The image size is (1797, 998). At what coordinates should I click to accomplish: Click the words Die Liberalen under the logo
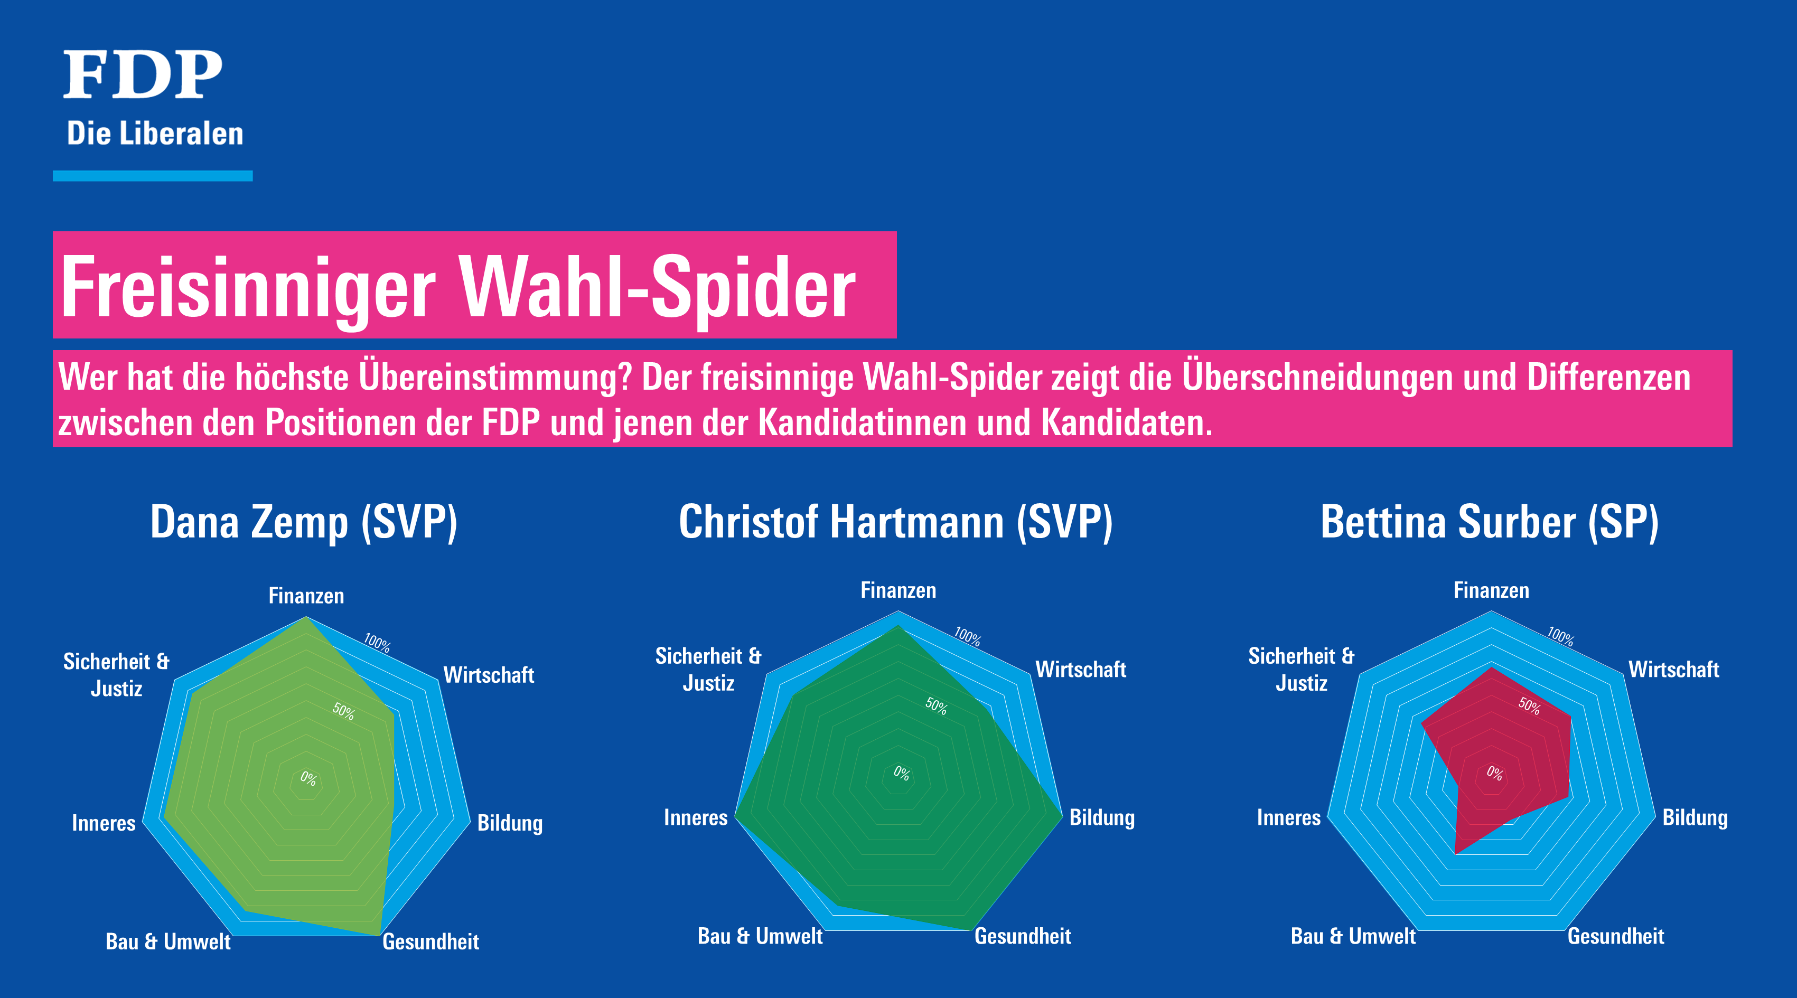pos(155,133)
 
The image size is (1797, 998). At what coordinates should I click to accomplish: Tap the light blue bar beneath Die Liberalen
pos(153,176)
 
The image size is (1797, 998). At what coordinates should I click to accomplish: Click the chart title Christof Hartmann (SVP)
pos(896,522)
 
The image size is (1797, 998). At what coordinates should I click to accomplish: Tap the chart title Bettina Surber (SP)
pos(1490,522)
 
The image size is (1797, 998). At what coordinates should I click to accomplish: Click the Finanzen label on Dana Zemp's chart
pos(306,596)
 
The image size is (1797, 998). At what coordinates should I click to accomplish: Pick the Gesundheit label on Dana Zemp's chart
pos(431,941)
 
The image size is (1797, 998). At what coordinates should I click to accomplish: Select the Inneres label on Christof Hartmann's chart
pos(696,817)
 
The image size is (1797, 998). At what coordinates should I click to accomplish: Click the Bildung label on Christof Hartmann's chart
pos(1102,818)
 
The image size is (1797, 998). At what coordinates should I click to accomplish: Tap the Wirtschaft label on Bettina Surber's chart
pos(1673,670)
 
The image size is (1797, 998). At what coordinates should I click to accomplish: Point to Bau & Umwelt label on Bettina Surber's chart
pos(1353,936)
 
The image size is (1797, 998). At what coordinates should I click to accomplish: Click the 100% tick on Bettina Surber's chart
pos(1560,636)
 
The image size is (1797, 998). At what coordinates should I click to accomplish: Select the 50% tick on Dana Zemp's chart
pos(343,711)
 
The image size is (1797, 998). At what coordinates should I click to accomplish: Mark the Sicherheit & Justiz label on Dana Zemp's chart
pos(117,674)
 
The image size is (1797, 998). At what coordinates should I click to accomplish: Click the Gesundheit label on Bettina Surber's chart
pos(1616,936)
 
